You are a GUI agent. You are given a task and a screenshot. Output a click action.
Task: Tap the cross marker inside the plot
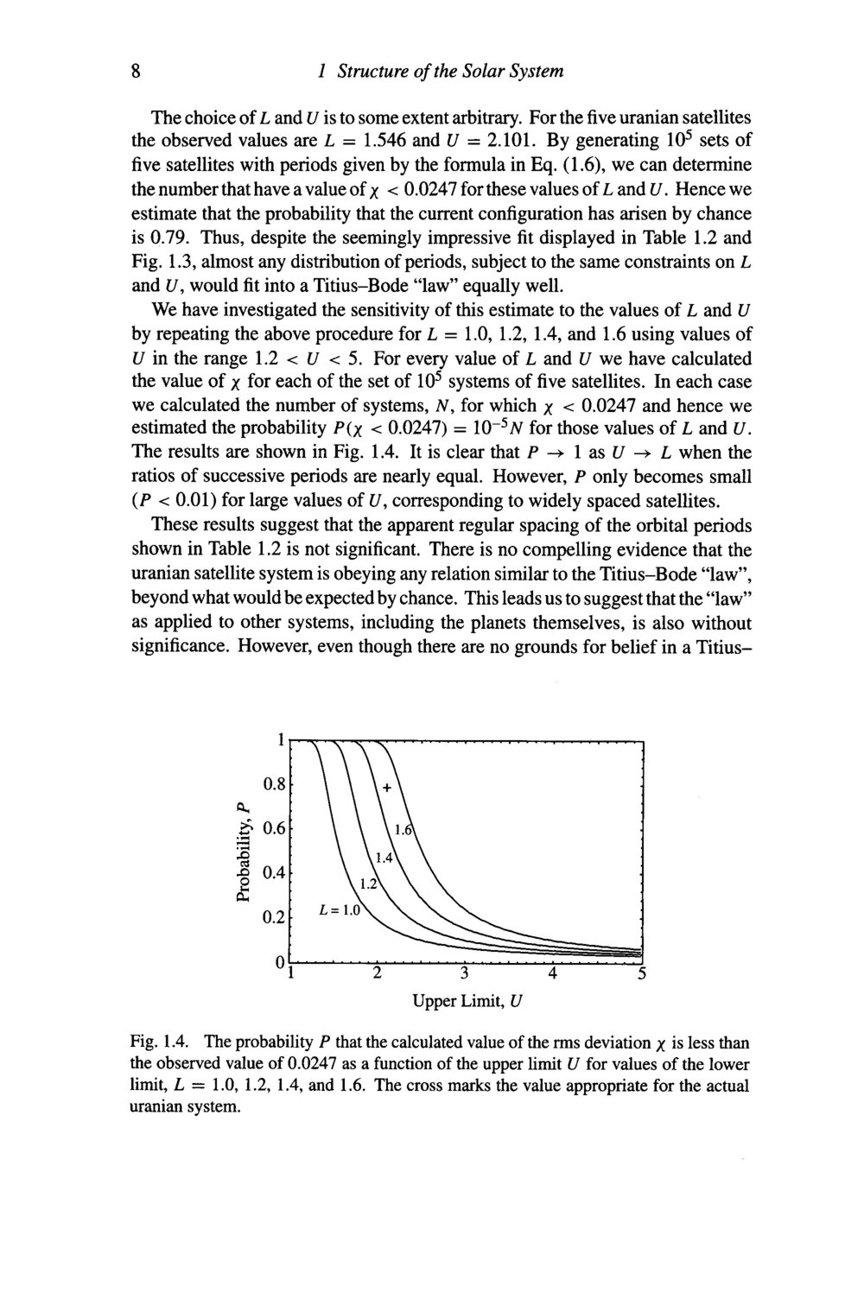(388, 788)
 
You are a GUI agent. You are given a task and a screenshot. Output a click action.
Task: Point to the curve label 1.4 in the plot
(384, 858)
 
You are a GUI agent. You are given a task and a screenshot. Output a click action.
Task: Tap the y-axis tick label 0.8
(275, 785)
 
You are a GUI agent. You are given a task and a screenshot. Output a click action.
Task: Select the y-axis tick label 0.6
(275, 829)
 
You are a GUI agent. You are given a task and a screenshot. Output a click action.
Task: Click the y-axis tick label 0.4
(275, 873)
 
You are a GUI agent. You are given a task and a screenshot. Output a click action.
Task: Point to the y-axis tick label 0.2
(275, 917)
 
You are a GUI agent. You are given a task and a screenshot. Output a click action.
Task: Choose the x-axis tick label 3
(465, 976)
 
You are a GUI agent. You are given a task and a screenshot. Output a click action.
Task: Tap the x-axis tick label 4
(553, 976)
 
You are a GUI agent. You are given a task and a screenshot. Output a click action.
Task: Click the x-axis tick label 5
(641, 976)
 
